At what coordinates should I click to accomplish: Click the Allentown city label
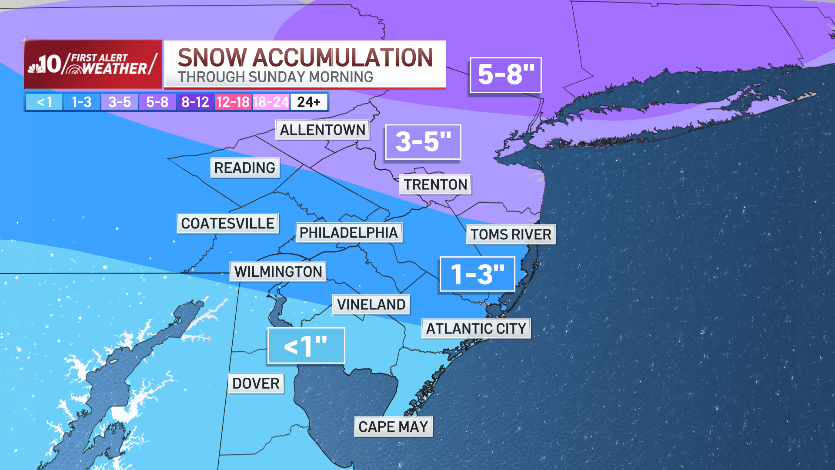tap(322, 130)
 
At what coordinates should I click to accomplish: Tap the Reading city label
tap(244, 168)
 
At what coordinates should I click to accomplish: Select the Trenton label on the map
tap(435, 185)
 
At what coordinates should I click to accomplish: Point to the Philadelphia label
tap(349, 232)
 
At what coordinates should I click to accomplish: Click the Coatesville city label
tap(227, 223)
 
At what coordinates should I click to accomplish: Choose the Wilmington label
tap(278, 272)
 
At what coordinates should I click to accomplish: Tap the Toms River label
tap(511, 234)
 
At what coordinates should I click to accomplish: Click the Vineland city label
tap(371, 304)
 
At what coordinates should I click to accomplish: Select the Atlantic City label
tap(476, 329)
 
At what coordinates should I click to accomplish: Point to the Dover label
tap(256, 383)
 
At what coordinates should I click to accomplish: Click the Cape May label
tap(393, 427)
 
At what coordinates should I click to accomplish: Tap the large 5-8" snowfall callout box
tap(505, 75)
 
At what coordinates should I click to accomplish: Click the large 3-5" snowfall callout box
tap(423, 142)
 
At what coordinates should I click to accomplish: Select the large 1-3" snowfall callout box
tap(477, 274)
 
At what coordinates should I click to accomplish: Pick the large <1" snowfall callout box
tap(306, 346)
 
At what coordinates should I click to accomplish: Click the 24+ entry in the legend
tap(309, 102)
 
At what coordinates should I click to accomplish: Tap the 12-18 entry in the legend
tap(233, 102)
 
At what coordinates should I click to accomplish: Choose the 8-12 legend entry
tap(195, 102)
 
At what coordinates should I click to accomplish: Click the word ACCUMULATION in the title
tap(343, 57)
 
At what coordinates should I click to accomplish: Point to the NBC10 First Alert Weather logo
tap(93, 64)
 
